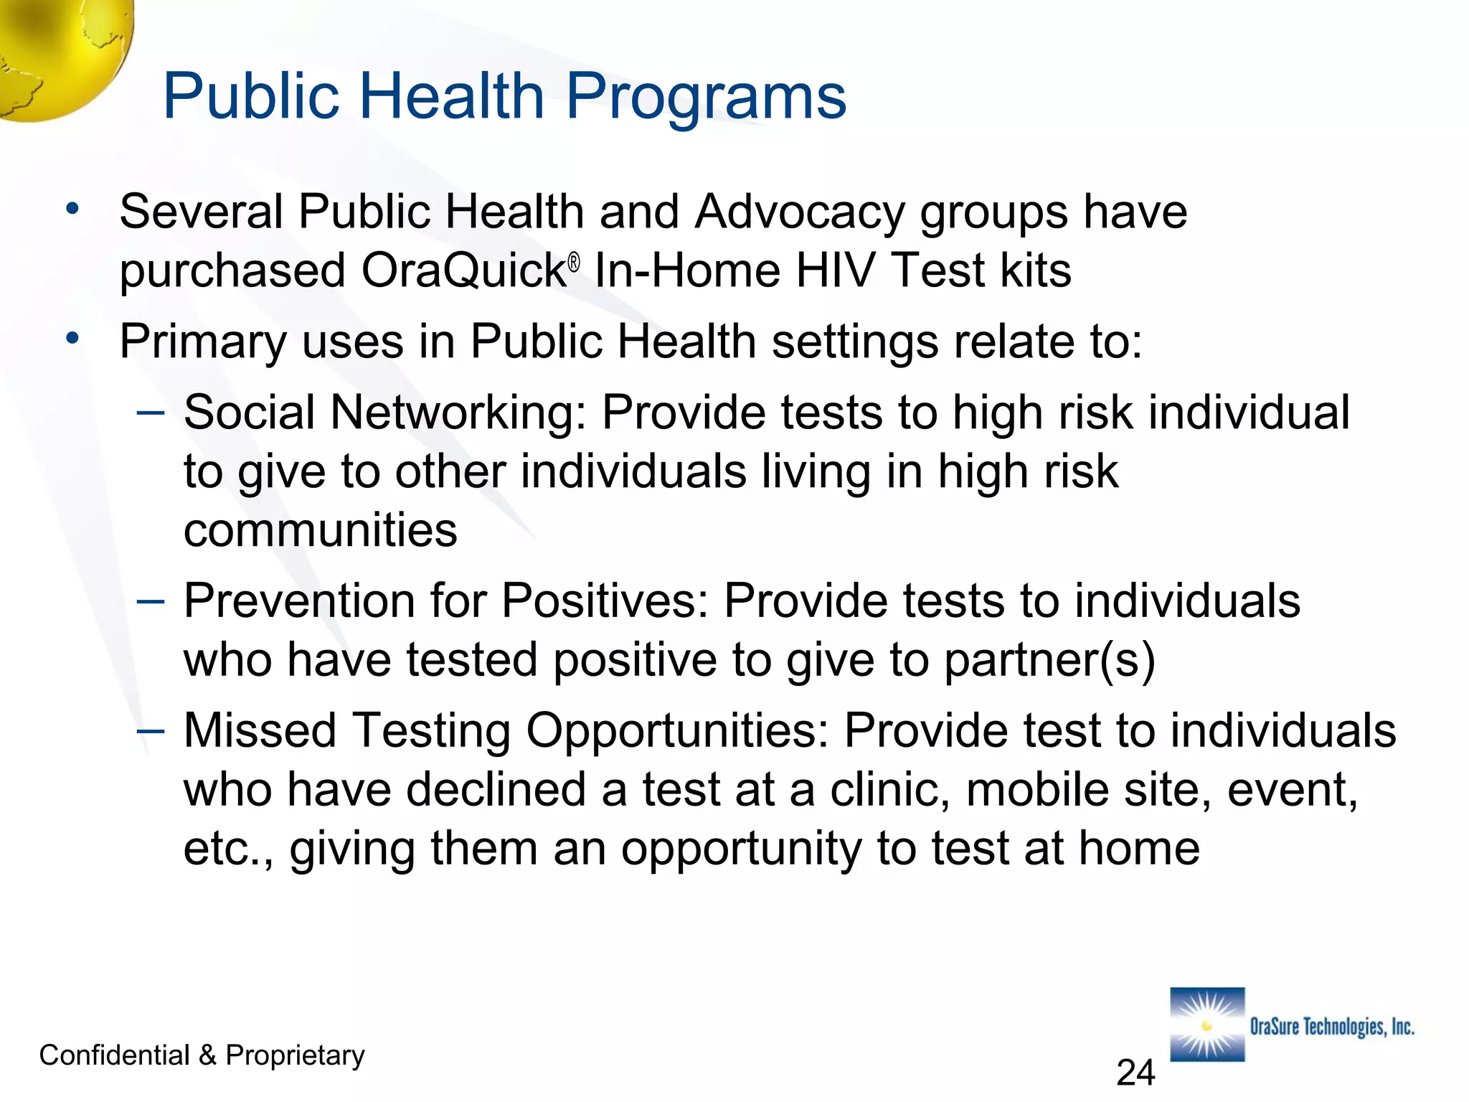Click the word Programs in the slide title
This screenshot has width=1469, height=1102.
[706, 98]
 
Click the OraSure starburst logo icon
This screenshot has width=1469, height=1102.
[1207, 1025]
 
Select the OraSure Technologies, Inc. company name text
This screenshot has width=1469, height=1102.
[1332, 1027]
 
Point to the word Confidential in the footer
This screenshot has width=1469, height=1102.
[114, 1055]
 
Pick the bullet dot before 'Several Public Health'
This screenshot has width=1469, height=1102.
[72, 209]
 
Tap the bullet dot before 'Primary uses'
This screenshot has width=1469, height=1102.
[72, 337]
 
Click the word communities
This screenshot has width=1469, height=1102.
[320, 530]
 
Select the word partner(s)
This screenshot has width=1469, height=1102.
[1049, 660]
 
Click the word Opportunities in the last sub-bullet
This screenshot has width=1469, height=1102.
[677, 731]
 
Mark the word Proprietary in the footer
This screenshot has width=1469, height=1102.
[295, 1056]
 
